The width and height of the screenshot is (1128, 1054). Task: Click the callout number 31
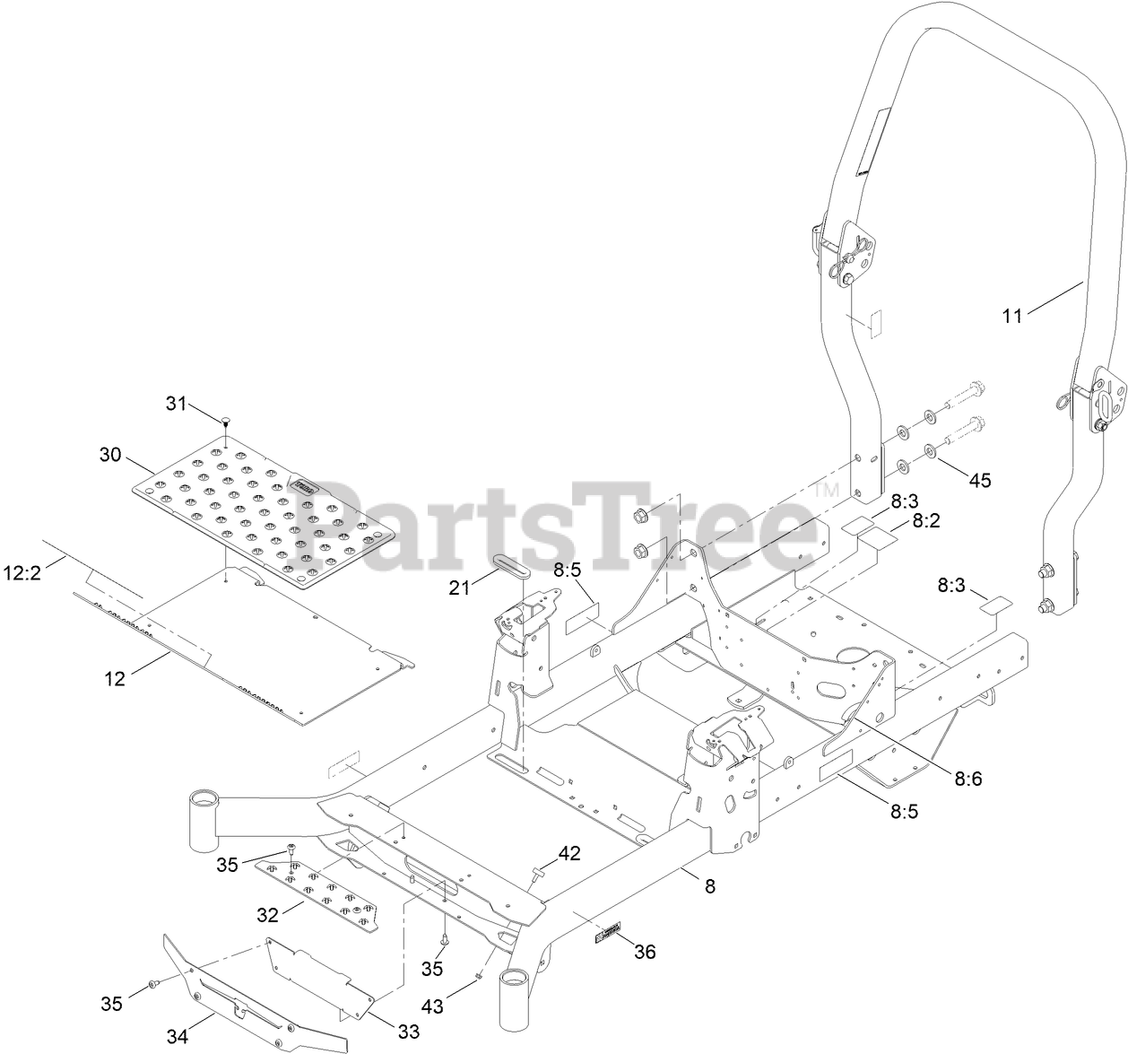[176, 405]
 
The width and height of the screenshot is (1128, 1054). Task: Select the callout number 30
[110, 455]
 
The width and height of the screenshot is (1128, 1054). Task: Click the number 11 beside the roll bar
[1012, 316]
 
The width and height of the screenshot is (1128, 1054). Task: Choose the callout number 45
[979, 480]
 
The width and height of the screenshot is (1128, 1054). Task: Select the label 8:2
[926, 520]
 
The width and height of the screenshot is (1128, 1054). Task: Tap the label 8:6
[968, 779]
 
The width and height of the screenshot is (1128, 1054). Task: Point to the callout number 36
[645, 952]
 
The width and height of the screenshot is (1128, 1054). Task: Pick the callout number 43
[433, 1007]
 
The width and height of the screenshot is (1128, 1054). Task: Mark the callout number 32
[268, 915]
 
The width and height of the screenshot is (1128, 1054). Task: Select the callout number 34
[178, 1038]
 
